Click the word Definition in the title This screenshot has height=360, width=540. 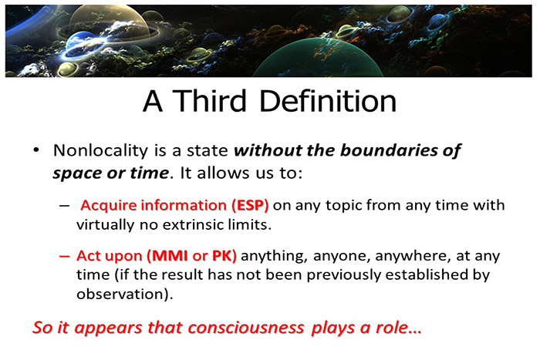tap(331, 103)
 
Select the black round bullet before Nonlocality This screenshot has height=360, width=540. tap(35, 150)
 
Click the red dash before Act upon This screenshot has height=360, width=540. tap(65, 255)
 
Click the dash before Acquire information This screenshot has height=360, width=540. tap(65, 206)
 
